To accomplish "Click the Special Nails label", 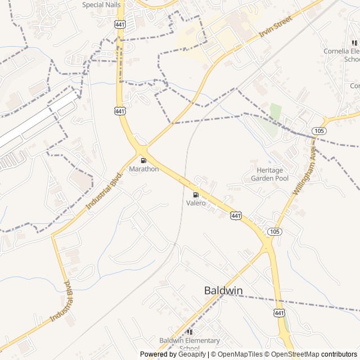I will (x=101, y=4).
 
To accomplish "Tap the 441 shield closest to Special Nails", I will (x=120, y=25).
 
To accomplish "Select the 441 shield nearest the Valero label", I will (x=236, y=216).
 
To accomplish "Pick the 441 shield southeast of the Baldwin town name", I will (x=280, y=313).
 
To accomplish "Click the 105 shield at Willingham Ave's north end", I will (x=319, y=130).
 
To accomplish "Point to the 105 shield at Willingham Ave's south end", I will (x=274, y=232).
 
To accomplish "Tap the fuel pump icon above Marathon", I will (x=143, y=160).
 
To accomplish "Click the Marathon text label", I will (x=144, y=169).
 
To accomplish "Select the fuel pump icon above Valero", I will (x=196, y=195).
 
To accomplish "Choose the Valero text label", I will (x=196, y=203).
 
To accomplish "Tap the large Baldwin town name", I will (x=223, y=290).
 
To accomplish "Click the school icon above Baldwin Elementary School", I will (x=189, y=332).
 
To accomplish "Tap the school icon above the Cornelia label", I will (x=353, y=42).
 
